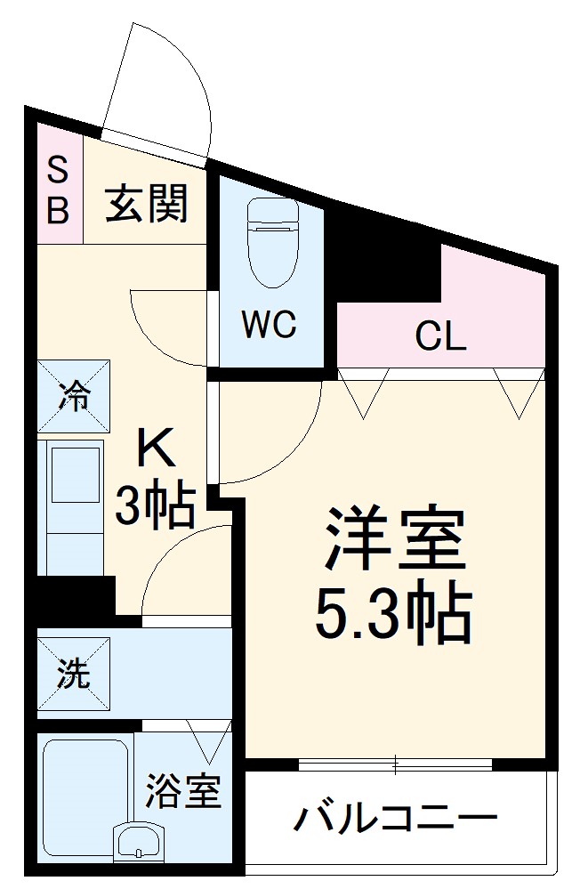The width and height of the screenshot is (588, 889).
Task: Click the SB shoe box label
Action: [58, 189]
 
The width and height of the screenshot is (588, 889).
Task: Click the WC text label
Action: [270, 327]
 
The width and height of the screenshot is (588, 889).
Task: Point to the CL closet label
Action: [440, 337]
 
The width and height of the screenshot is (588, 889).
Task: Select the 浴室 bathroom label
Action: [182, 792]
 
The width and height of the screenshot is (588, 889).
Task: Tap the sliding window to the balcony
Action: [395, 764]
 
